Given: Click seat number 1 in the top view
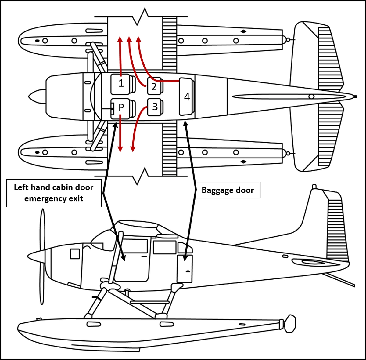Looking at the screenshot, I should pyautogui.click(x=121, y=83).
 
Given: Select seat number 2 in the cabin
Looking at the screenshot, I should pyautogui.click(x=154, y=87).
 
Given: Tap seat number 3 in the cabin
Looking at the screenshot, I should pyautogui.click(x=155, y=107).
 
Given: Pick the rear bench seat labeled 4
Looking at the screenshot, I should pyautogui.click(x=187, y=97).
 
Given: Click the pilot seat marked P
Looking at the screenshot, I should pyautogui.click(x=121, y=107).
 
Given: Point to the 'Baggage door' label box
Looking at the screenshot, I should pyautogui.click(x=228, y=191).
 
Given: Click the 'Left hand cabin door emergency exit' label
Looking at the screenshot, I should pyautogui.click(x=54, y=193).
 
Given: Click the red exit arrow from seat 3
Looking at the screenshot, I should pyautogui.click(x=135, y=128).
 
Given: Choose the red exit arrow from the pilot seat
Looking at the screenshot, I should pyautogui.click(x=120, y=134).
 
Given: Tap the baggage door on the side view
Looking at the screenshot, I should pyautogui.click(x=185, y=269).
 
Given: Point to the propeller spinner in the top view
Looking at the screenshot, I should pyautogui.click(x=37, y=96).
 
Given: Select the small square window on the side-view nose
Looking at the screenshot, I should pyautogui.click(x=75, y=254).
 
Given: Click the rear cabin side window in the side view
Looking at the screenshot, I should pyautogui.click(x=164, y=247).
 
